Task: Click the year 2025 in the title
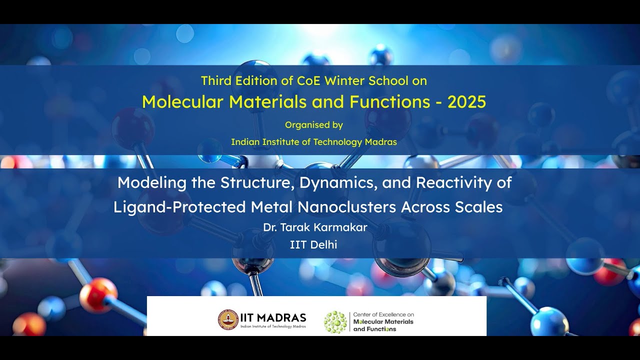coord(467,102)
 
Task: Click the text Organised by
coord(314,125)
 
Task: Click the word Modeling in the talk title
coord(151,183)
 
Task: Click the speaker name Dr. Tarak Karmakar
coord(315,227)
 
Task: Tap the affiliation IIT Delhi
coord(313,245)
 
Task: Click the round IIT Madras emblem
coord(228,319)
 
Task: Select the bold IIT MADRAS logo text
coord(273,317)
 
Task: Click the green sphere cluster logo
coord(335,322)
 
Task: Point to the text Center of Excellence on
coord(383,314)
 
